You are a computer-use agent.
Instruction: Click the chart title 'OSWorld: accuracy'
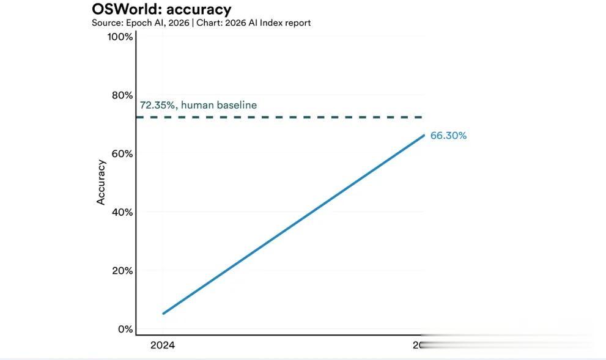[x=161, y=9]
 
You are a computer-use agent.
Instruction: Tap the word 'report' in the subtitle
[x=296, y=23]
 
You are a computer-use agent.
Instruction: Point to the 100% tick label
[x=120, y=37]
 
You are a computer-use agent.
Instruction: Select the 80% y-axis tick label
[x=122, y=95]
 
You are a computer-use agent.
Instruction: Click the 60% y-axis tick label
[x=122, y=153]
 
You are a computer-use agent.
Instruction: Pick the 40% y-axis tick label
[x=122, y=212]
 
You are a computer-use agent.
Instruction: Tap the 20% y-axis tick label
[x=122, y=270]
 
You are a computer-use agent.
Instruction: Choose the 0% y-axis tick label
[x=125, y=329]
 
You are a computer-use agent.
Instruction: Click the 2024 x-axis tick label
[x=163, y=345]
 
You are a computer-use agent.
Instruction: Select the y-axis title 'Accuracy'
[x=102, y=182]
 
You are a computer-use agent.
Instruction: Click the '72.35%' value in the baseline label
[x=158, y=105]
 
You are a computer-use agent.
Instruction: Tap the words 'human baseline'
[x=219, y=105]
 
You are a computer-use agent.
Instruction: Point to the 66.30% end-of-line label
[x=448, y=136]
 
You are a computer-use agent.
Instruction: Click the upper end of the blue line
[x=423, y=135]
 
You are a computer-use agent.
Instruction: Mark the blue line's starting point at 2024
[x=163, y=314]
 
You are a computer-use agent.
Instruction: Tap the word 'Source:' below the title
[x=108, y=23]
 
